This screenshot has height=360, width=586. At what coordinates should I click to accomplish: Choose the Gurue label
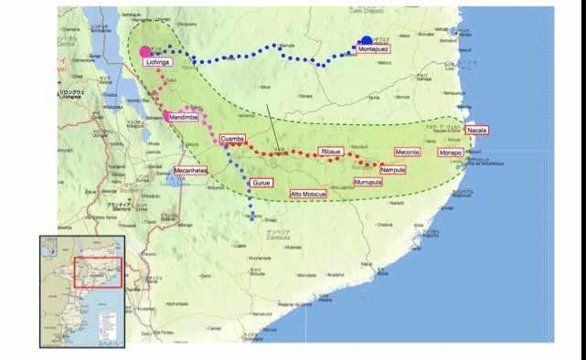coord(262,184)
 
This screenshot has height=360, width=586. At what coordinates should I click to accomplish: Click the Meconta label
coord(407,152)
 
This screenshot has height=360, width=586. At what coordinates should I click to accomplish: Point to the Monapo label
coord(450,153)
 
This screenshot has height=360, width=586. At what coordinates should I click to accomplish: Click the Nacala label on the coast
coord(477,131)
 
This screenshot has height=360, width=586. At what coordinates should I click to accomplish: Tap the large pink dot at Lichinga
coord(146,51)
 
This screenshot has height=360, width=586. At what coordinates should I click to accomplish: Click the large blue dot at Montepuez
coord(367,40)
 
